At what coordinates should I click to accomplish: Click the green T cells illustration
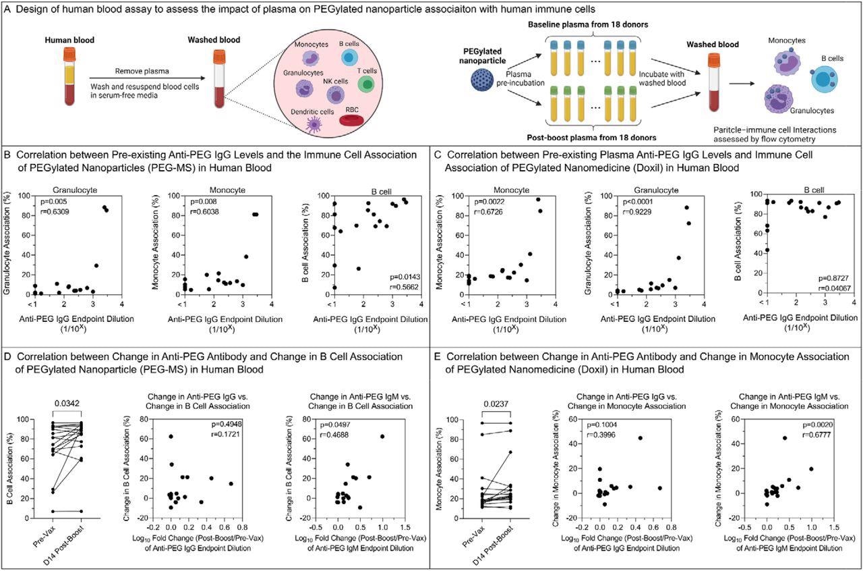pyautogui.click(x=365, y=83)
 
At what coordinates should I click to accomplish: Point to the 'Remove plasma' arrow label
pyautogui.click(x=140, y=70)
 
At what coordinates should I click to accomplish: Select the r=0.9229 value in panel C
pyautogui.click(x=618, y=212)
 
